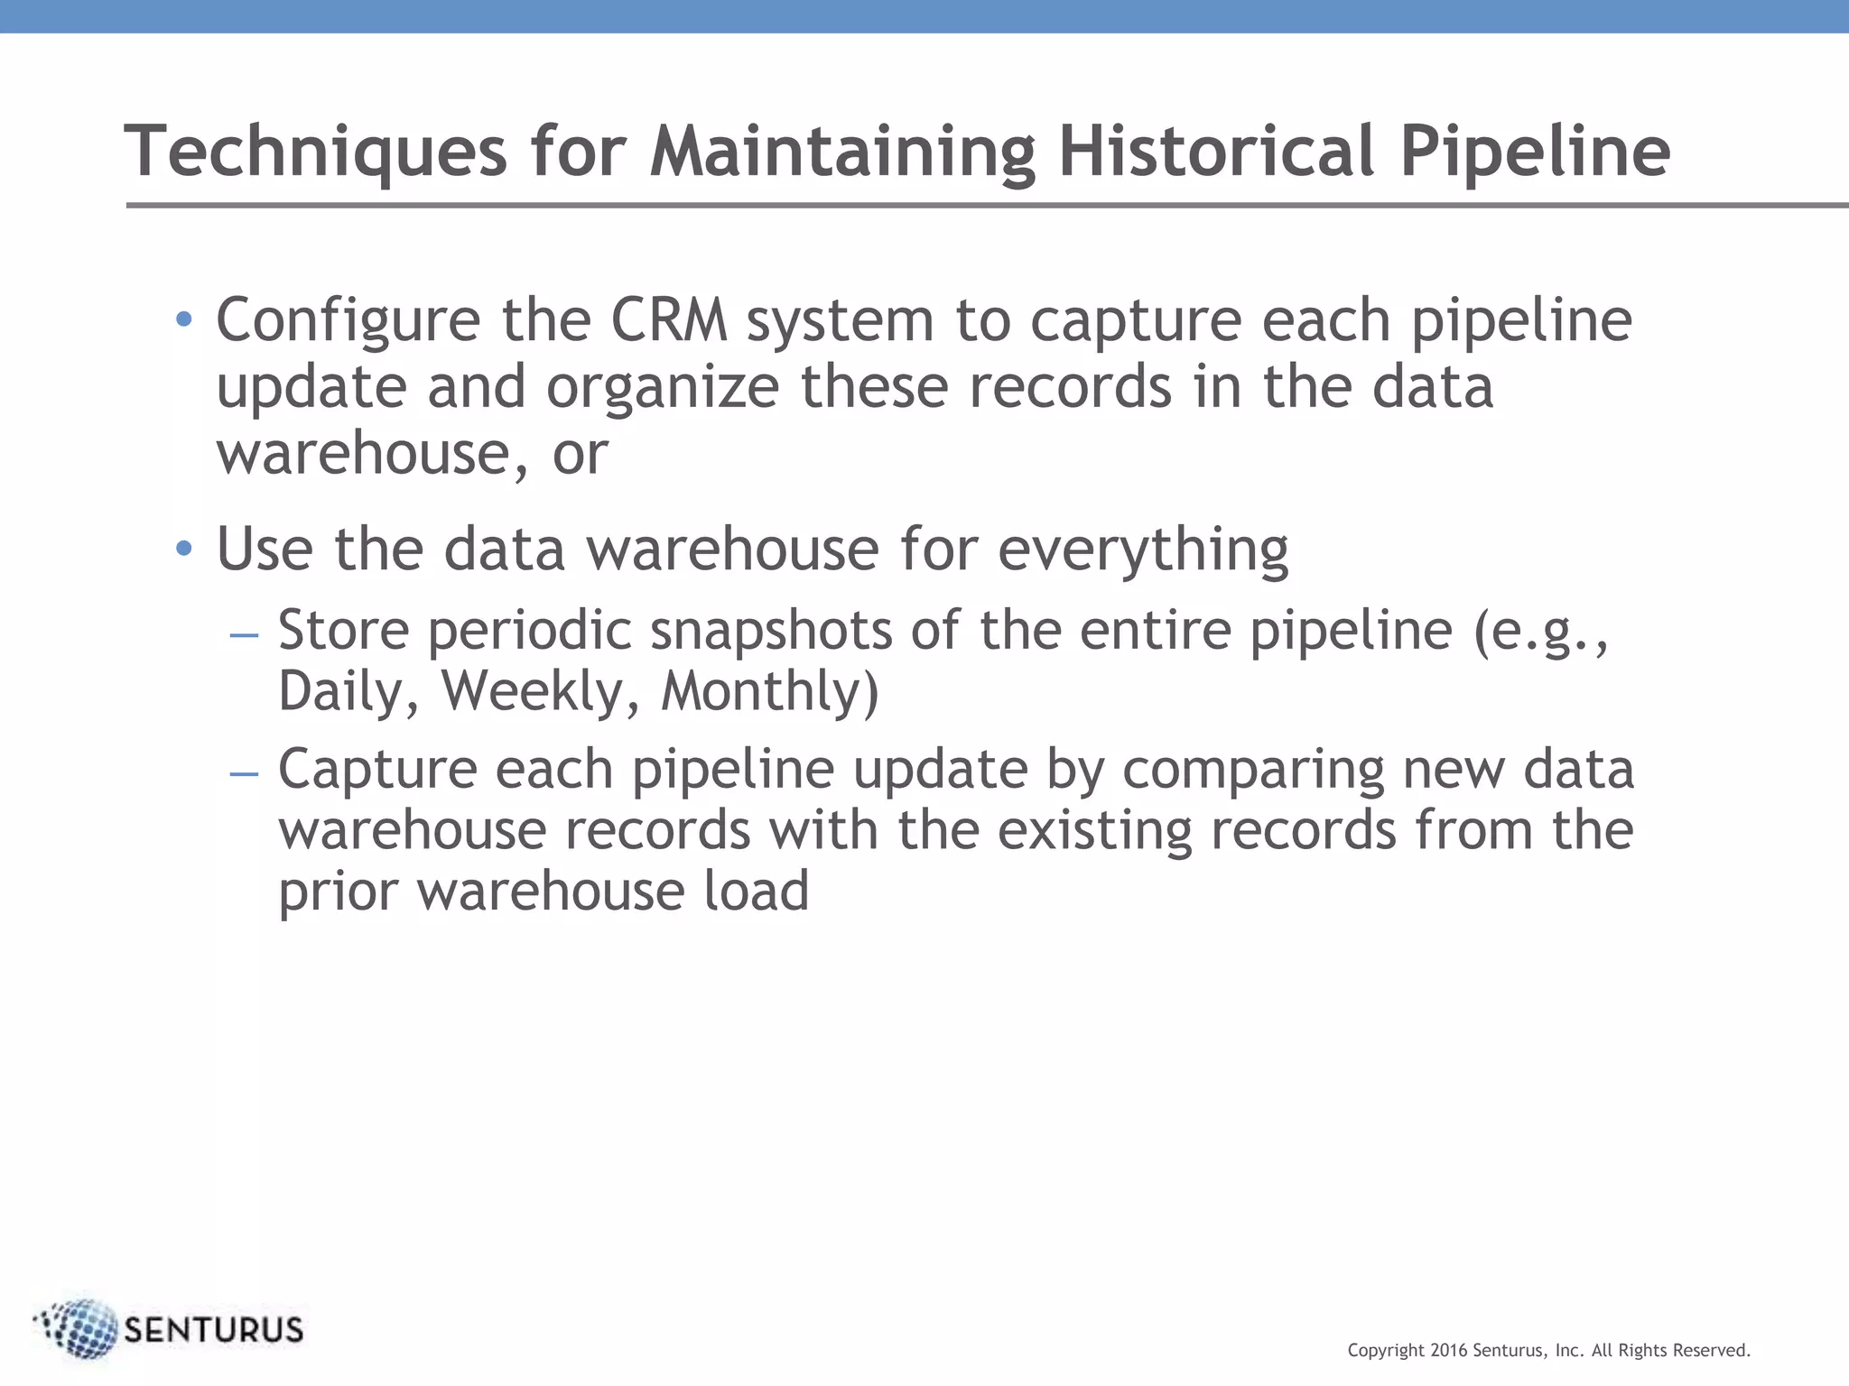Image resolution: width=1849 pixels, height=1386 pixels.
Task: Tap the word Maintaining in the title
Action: click(842, 151)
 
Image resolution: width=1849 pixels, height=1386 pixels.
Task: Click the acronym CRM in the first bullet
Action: click(669, 320)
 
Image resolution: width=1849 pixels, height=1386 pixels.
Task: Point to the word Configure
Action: click(348, 322)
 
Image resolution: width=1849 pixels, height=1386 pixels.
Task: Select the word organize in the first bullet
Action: click(663, 388)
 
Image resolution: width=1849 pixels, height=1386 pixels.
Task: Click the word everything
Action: click(1143, 550)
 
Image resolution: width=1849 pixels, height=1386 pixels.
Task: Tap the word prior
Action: click(337, 892)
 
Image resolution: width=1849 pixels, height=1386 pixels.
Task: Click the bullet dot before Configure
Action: click(184, 319)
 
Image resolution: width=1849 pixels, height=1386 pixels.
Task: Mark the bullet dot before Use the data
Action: click(184, 549)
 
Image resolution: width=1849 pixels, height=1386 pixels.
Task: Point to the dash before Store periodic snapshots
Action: click(245, 635)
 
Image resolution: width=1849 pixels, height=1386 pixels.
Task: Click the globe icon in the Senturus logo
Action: click(81, 1328)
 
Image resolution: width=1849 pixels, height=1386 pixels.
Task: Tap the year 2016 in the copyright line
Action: click(1450, 1351)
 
